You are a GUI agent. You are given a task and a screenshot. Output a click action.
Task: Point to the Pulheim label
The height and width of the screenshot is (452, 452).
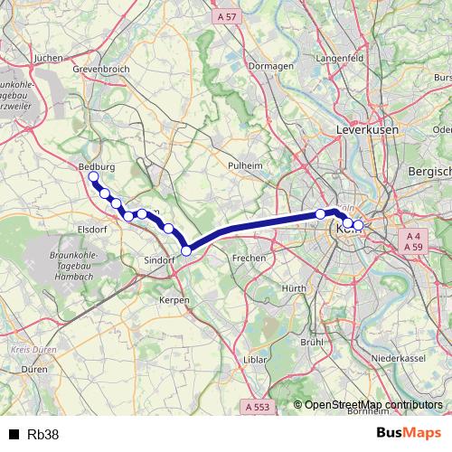tap(245, 166)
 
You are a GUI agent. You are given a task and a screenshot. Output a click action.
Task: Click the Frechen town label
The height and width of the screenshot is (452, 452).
tap(249, 258)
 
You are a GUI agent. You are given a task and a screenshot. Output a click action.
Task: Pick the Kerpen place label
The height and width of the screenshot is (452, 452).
tap(174, 299)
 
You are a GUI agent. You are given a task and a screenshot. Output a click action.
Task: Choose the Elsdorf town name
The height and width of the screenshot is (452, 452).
tap(93, 230)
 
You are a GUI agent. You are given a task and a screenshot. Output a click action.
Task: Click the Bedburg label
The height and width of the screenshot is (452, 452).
tap(95, 167)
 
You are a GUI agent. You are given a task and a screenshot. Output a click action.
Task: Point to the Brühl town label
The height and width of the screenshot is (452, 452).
tap(312, 343)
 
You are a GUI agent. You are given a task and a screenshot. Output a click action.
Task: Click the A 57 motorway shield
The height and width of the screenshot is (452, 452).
tap(227, 16)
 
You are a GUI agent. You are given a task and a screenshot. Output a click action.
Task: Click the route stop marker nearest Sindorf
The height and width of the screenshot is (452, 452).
tap(186, 250)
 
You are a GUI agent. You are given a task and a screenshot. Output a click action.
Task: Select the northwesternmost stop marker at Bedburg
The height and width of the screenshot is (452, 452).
tap(93, 177)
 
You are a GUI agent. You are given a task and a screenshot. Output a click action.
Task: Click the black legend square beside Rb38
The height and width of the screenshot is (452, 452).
tap(14, 434)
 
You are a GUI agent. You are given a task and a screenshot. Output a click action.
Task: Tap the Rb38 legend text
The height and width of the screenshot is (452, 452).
tap(43, 434)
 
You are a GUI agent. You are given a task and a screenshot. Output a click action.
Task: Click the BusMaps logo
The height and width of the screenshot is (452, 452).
tap(408, 434)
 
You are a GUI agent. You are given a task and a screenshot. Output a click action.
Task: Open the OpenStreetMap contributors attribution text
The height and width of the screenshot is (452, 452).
tap(373, 405)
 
